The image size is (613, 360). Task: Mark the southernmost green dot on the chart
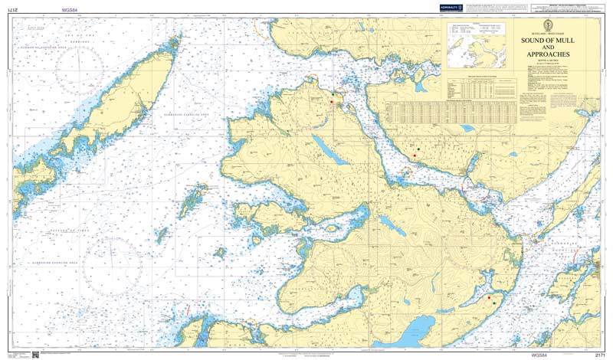(x=495, y=303)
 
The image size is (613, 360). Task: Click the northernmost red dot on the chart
(x=332, y=101)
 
